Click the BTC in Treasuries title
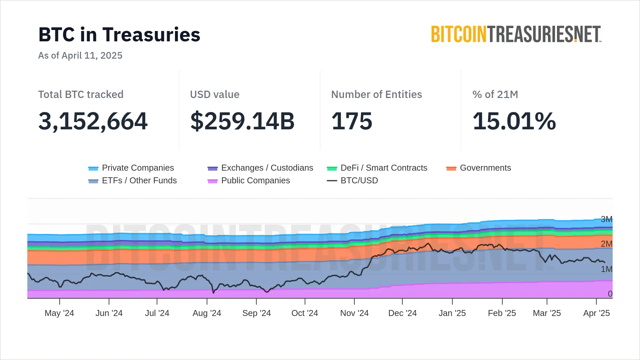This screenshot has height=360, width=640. [x=119, y=35]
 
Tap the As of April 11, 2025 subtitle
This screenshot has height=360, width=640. [x=80, y=55]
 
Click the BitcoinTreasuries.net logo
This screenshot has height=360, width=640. [x=516, y=34]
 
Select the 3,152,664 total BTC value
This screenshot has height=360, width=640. [x=93, y=121]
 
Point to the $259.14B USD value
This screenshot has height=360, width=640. [x=242, y=121]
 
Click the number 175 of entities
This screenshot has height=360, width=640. [x=352, y=121]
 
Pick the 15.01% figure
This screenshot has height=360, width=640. [x=514, y=121]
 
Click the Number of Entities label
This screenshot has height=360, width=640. [x=376, y=95]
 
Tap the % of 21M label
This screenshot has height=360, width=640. [x=495, y=95]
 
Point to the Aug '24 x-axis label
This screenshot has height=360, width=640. [x=207, y=313]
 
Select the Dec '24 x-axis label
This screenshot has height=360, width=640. [x=402, y=313]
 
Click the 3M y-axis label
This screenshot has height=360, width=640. [x=606, y=219]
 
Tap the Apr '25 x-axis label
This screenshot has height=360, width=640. [x=596, y=313]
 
